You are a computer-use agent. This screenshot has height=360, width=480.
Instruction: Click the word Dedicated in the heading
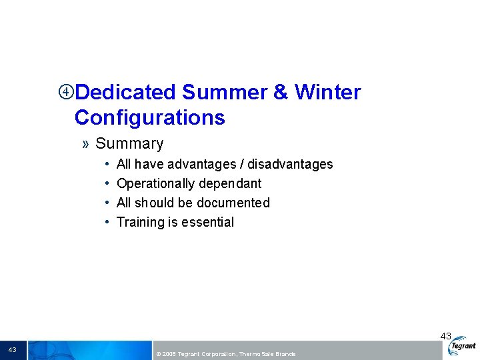click(125, 92)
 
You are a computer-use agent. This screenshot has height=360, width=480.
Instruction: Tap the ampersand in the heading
click(281, 92)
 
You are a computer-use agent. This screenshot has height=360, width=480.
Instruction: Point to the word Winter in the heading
click(328, 92)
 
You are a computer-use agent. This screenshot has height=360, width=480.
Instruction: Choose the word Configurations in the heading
click(149, 117)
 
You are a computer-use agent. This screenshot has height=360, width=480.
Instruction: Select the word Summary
click(129, 143)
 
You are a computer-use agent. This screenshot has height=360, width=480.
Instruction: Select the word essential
click(207, 222)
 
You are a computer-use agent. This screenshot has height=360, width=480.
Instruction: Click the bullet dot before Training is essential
click(107, 222)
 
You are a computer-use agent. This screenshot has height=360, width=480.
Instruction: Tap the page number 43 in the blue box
click(13, 350)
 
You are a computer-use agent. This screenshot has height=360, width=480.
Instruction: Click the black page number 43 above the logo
click(445, 337)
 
